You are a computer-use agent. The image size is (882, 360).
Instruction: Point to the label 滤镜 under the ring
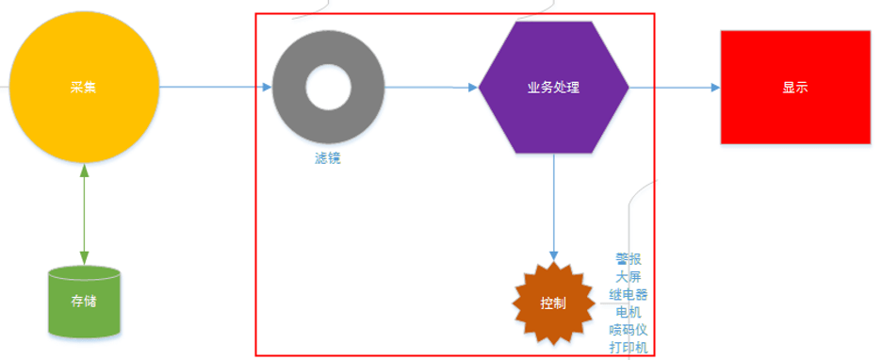(327, 158)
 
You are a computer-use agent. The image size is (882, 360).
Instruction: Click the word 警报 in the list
(629, 259)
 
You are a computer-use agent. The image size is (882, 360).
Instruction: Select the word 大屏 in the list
(629, 277)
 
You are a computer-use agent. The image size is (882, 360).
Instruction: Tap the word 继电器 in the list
(629, 294)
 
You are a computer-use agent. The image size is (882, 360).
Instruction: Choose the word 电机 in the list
(629, 312)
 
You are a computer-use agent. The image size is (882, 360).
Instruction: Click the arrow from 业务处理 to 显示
(674, 88)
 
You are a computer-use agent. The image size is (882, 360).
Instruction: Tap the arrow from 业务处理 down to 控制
(553, 207)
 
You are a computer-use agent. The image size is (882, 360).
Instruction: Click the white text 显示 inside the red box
(794, 88)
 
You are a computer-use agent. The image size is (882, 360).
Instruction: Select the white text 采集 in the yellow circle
(84, 88)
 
